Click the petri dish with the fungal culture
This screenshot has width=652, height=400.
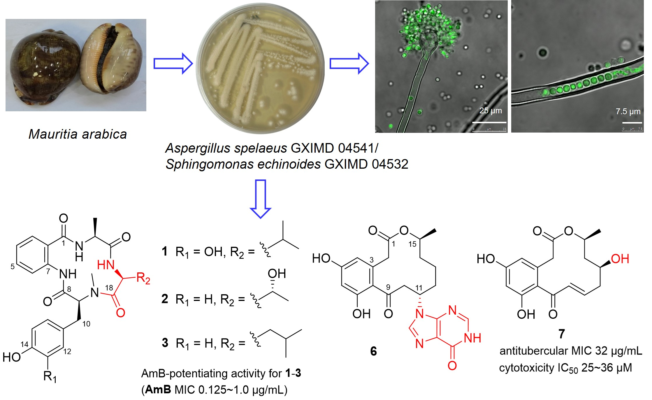[260, 68]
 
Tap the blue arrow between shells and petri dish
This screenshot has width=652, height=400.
[173, 63]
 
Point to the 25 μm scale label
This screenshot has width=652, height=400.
[491, 111]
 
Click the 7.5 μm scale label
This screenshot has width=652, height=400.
[628, 111]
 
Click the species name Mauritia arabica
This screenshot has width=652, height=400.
[78, 134]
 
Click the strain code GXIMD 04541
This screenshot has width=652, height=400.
[333, 148]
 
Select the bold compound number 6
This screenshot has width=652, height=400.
[373, 351]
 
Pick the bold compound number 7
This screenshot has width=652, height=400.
[561, 334]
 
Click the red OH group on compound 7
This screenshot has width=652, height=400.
[620, 259]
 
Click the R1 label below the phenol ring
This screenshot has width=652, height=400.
[50, 376]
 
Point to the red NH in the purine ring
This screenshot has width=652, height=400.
[472, 338]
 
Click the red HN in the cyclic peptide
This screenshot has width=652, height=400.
[106, 265]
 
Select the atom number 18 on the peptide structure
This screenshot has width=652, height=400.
[109, 288]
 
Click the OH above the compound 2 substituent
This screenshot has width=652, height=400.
[277, 274]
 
